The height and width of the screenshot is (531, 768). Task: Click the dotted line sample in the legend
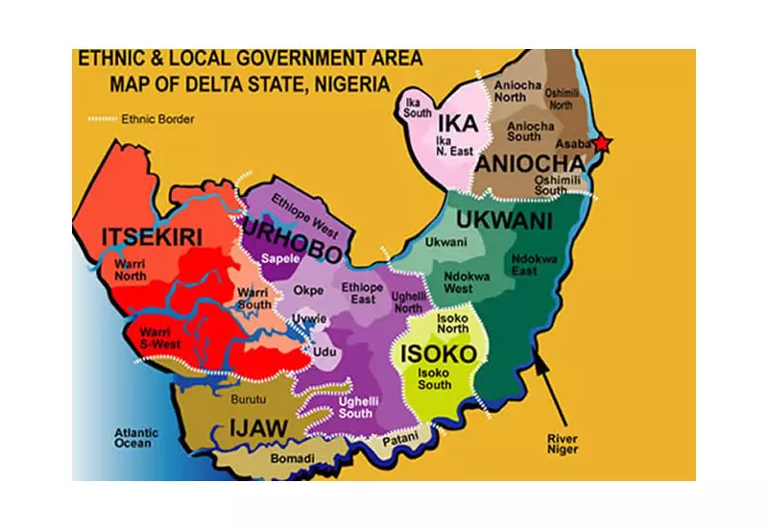click(99, 121)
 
